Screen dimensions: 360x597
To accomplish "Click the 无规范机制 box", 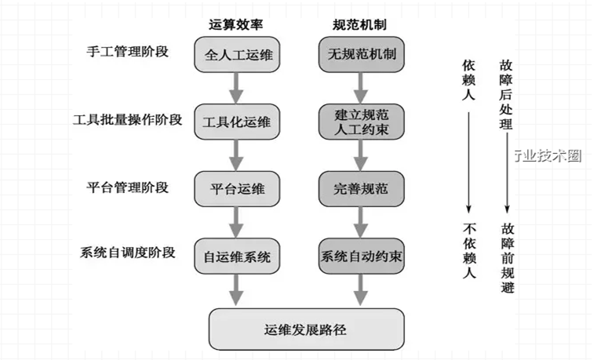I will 362,56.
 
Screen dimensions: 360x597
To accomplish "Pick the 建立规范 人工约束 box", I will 362,122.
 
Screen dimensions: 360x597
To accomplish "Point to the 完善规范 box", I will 362,189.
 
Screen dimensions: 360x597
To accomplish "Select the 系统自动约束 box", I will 362,256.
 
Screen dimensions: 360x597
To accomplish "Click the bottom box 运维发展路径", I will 307,328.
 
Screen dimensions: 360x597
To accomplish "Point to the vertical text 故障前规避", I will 507,259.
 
